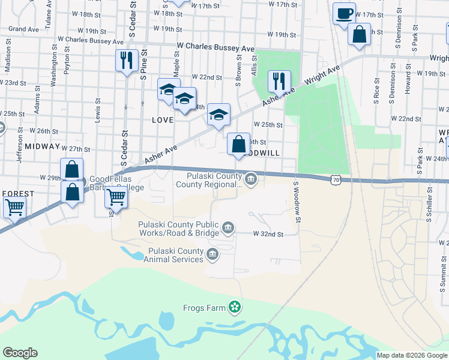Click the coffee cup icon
coord(344,13)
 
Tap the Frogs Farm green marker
coord(235,308)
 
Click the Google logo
coord(20,353)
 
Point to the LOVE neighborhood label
coord(162,120)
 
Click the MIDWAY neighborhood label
coord(43,146)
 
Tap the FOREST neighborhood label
coord(17,194)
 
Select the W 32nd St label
coord(268,233)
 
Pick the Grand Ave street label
coord(24,29)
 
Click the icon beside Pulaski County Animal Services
coord(212,255)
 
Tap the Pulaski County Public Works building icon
coord(228,227)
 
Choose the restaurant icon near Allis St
coord(279,80)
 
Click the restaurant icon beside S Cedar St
coord(127,60)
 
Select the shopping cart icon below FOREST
coord(14,208)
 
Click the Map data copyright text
coord(412,355)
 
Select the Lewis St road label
coord(98,110)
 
